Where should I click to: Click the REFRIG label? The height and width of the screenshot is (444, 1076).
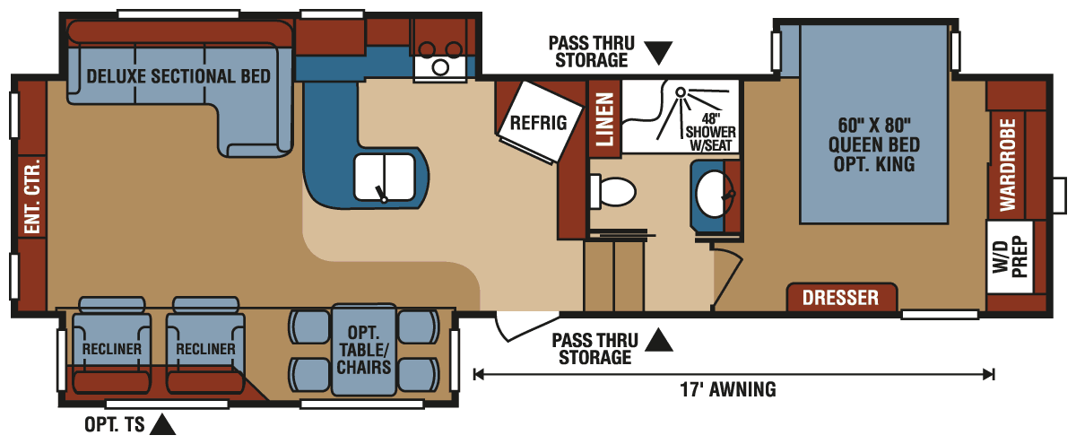(538, 123)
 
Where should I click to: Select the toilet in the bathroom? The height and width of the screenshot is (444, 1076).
(615, 191)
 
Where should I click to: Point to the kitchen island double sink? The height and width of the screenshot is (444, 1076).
(385, 176)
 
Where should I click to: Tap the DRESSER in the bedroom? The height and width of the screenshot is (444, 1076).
(841, 298)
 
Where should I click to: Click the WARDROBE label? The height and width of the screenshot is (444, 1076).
(1007, 163)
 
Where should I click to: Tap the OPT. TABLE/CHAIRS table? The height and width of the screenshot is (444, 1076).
(363, 350)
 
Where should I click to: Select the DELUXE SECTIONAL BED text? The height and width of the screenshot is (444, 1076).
(178, 76)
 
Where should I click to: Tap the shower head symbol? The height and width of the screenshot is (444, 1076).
(681, 91)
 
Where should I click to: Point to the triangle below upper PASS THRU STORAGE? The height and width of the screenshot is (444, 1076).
(659, 53)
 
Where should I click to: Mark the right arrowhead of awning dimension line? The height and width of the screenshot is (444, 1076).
(989, 374)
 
